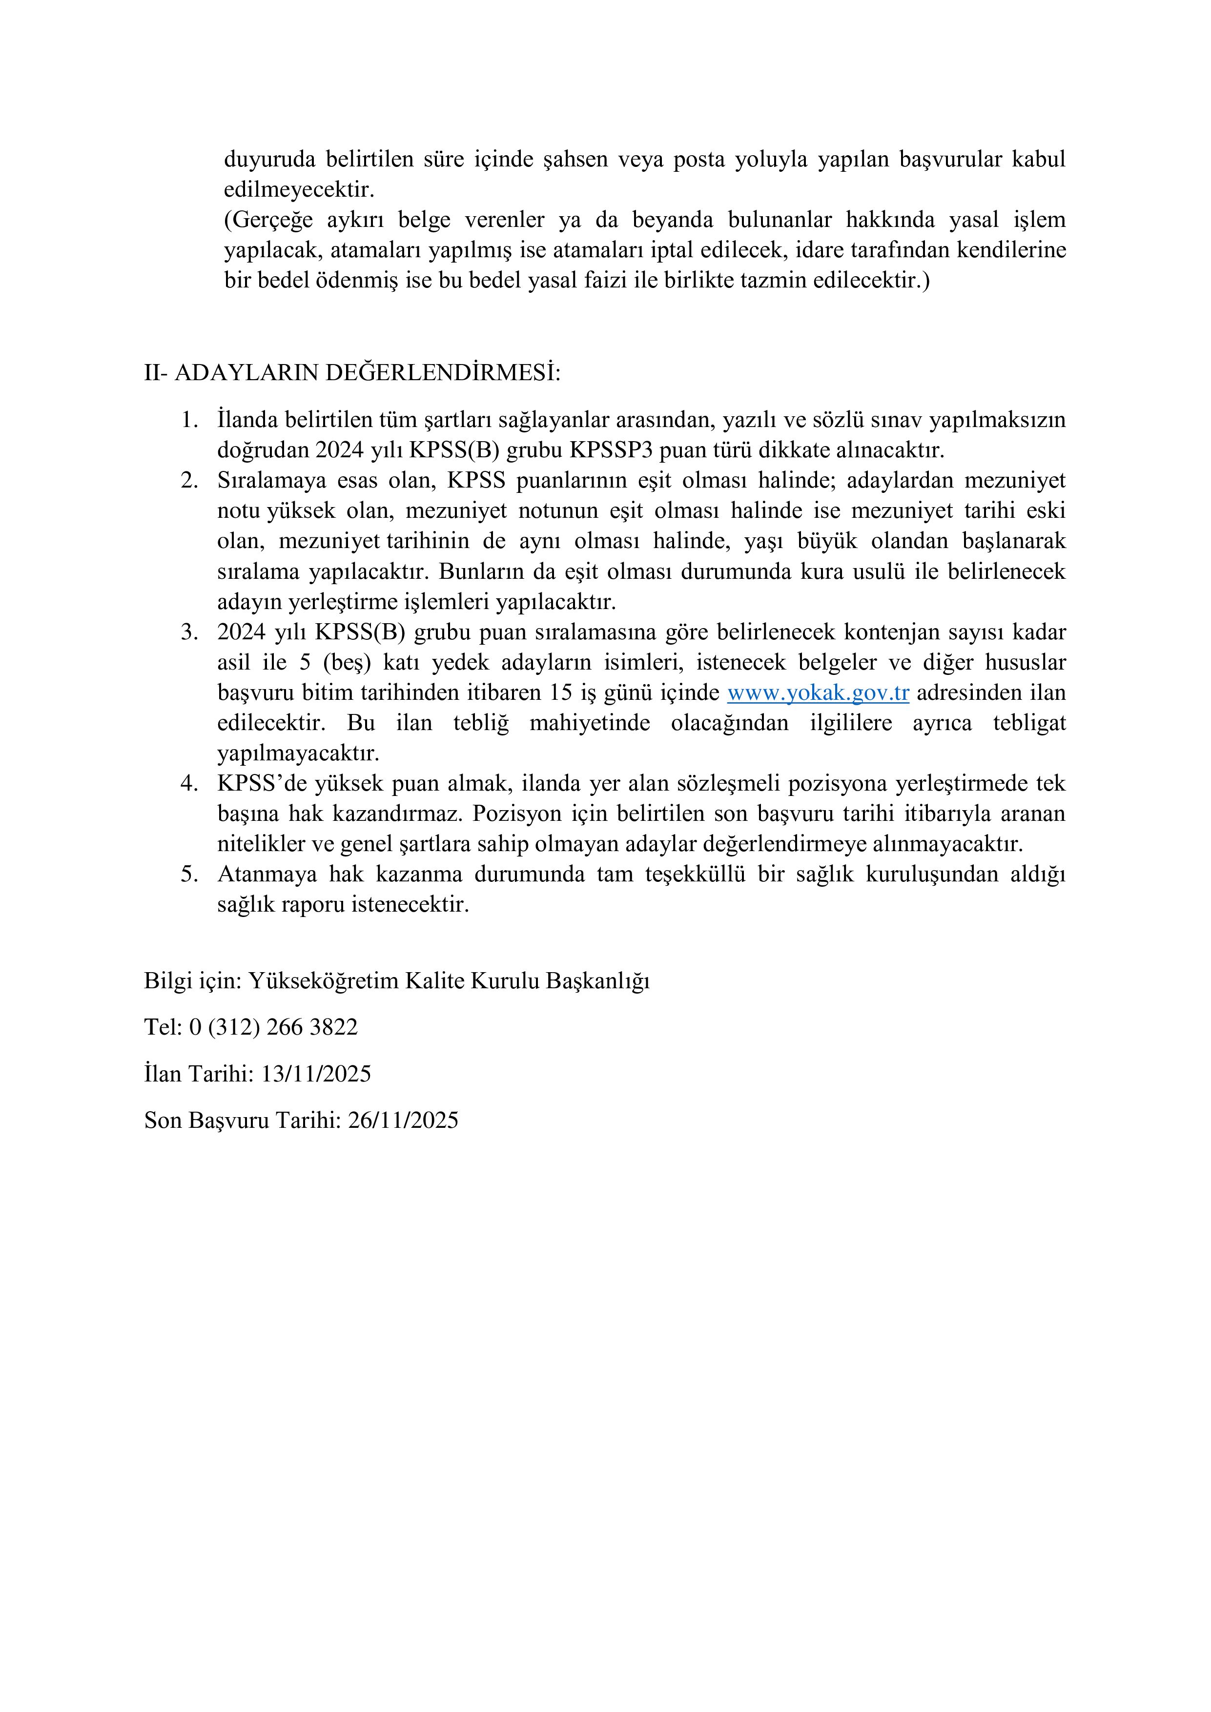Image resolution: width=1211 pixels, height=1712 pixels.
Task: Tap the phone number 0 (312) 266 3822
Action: coord(273,1027)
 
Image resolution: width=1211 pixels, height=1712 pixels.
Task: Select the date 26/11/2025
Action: coord(403,1120)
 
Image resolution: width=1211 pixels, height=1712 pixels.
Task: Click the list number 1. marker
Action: coord(189,420)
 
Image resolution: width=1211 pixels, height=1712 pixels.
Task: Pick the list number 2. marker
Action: coord(189,480)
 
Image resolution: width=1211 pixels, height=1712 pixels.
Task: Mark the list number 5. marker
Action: coord(189,874)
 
